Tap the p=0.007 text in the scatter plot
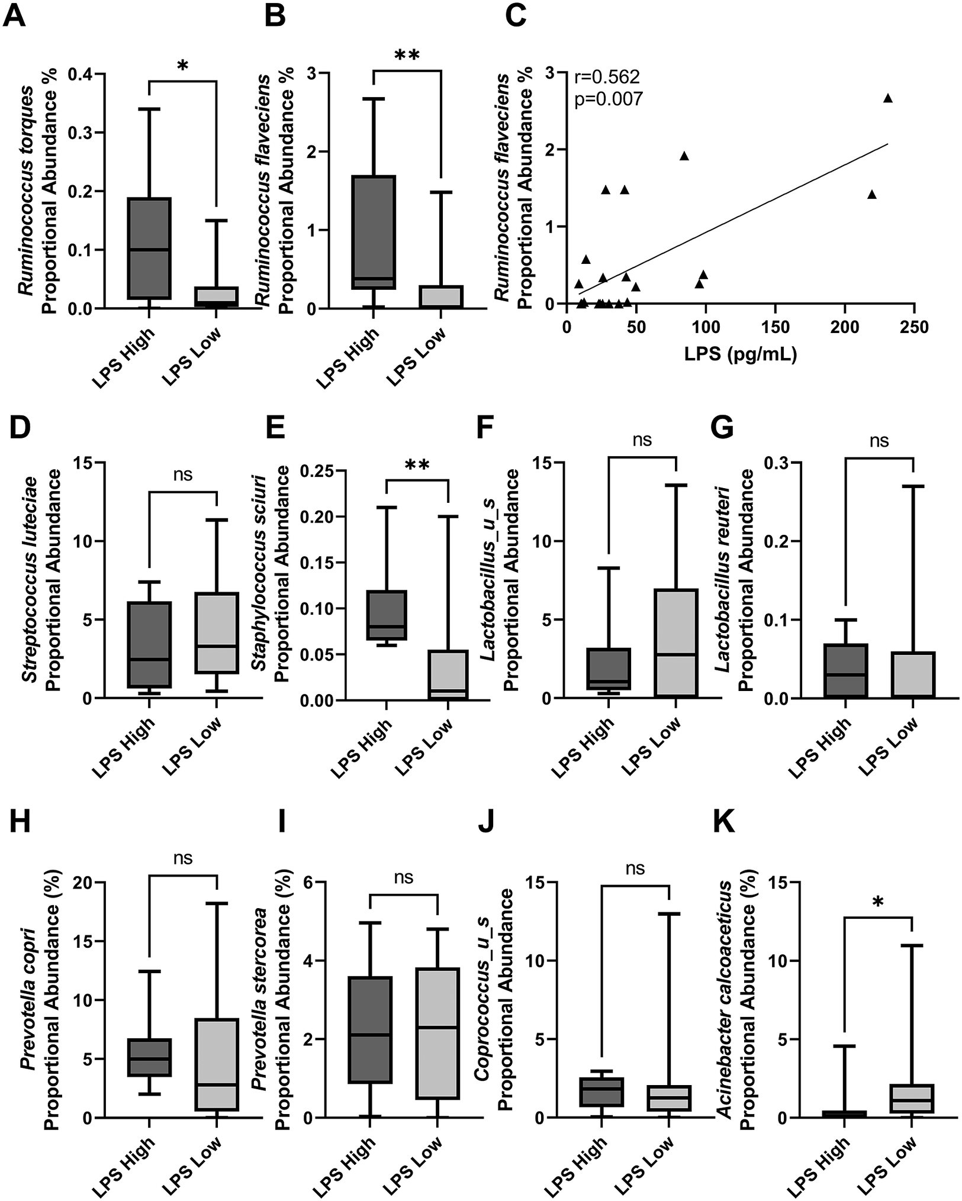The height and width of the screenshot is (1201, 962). pos(608,99)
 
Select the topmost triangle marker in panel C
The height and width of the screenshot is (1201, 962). pos(887,98)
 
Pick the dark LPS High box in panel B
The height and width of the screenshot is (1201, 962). pos(373,232)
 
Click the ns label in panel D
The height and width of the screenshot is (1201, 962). pos(182,474)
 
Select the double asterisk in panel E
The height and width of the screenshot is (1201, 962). pos(417,466)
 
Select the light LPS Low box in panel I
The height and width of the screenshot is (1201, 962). pos(437,1033)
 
